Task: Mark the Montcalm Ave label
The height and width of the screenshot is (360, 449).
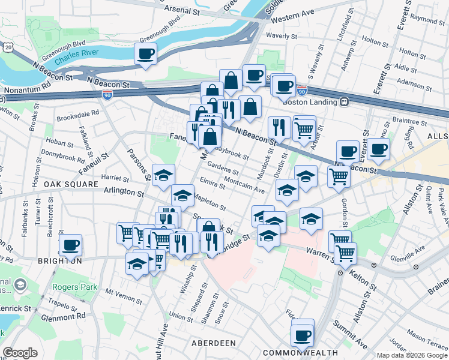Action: click(244, 185)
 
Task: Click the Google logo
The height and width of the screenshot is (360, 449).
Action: click(20, 353)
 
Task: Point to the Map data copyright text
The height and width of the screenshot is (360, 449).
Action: click(412, 355)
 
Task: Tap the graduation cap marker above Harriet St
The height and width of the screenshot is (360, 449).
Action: click(163, 175)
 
